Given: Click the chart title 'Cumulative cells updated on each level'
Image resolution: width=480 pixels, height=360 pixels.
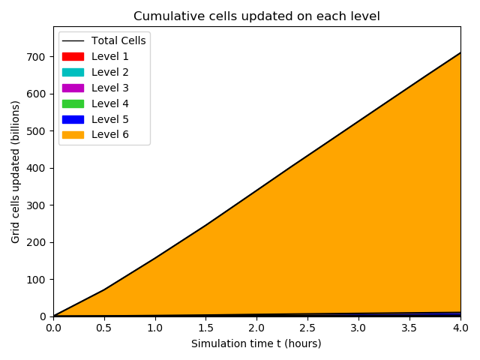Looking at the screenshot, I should coord(256,16).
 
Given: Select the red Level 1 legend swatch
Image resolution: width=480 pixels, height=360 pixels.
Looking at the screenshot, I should coord(73,56).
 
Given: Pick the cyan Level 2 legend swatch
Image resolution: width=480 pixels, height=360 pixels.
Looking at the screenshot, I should coord(73,72).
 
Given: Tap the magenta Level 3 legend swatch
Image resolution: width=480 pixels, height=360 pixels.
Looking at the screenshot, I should coord(73,88).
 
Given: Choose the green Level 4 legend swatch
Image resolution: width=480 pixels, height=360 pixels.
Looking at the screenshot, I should coord(73,103).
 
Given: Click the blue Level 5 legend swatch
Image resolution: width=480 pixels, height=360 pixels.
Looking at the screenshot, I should coord(73,119).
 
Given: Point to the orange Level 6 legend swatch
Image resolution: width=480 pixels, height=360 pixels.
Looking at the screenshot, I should coord(73,135).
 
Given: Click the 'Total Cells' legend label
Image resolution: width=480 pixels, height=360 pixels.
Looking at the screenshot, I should coord(118,40).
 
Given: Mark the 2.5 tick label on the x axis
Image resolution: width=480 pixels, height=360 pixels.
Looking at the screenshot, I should coord(307,328).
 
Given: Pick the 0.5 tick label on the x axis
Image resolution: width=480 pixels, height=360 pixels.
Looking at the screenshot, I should coord(104,328).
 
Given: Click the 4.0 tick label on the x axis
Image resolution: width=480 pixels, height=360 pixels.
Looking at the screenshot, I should coord(460,328).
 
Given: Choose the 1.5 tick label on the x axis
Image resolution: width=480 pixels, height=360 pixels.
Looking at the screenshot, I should coord(205,328).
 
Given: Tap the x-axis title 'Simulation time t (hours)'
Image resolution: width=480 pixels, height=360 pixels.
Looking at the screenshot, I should coord(256,343).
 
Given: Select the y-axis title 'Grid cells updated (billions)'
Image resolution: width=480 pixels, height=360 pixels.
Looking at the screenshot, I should coord(16,171).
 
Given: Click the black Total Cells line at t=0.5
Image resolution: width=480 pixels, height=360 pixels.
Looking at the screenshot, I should coord(104,289).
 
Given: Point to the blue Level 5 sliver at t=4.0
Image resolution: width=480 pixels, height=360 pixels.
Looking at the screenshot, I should coord(458,313).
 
